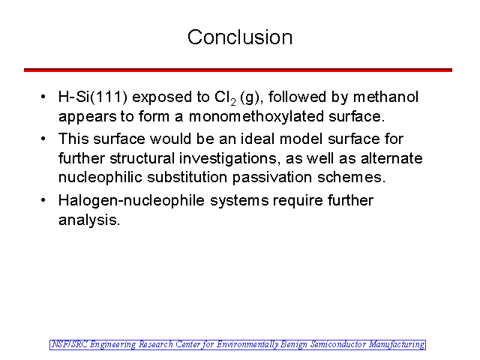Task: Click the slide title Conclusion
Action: coord(240,37)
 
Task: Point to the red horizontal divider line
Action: coord(238,70)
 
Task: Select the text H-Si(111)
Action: coord(93,97)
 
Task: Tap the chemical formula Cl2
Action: coord(225,98)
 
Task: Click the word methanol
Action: coord(385,97)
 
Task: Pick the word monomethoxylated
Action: coord(256,117)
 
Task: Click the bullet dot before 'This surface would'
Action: coord(43,139)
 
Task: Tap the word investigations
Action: coord(229,159)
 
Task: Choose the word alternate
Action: coord(391,158)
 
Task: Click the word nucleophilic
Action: coord(100,178)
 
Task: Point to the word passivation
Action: coord(272,178)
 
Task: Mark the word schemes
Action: coord(351,178)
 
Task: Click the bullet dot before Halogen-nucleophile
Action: coord(43,200)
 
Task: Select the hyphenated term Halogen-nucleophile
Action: coord(131,201)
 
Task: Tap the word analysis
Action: coord(89,220)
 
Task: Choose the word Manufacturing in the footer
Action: coord(397,345)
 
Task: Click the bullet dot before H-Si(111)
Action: coord(43,97)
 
